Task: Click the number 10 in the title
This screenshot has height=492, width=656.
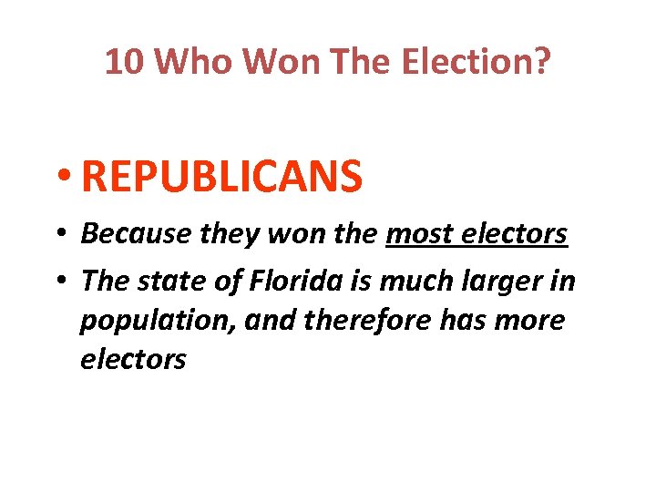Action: coord(124,62)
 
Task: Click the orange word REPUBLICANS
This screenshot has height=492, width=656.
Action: coord(221,176)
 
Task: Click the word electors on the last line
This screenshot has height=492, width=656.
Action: coord(133,359)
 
